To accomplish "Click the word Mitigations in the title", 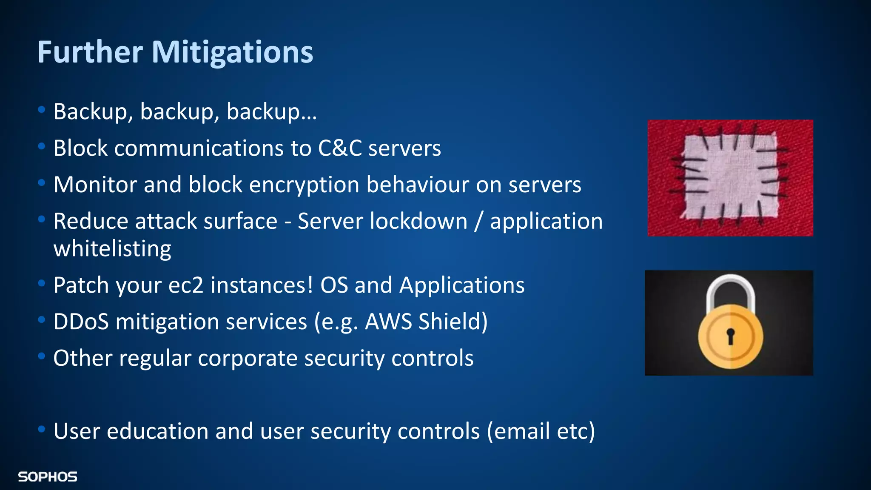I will click(232, 52).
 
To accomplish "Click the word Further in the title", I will click(90, 52).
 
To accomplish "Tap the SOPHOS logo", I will click(48, 477).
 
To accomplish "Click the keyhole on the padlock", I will click(730, 336).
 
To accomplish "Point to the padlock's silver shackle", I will click(730, 289).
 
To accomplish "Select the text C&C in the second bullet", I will click(340, 148).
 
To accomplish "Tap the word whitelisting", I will click(112, 249).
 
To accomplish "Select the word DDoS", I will click(81, 322).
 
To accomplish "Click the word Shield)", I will click(453, 322).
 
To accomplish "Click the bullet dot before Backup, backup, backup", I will click(41, 110).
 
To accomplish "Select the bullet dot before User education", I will click(41, 429).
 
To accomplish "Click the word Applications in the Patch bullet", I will click(462, 285).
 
